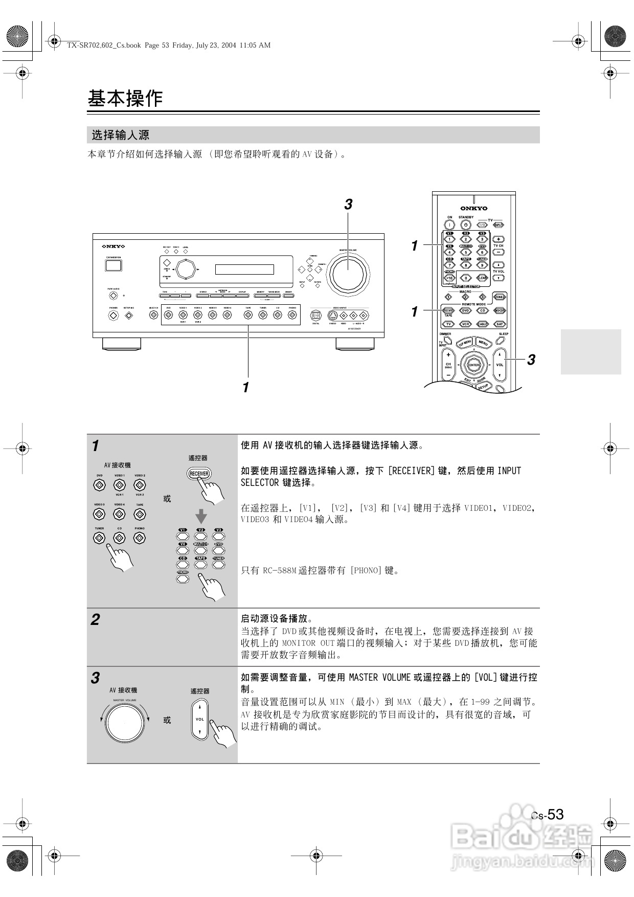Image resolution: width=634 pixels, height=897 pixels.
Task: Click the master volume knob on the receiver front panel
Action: tap(349, 275)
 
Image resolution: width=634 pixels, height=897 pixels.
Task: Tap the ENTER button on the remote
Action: tap(474, 365)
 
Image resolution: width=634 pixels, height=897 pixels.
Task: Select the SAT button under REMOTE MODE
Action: tap(500, 324)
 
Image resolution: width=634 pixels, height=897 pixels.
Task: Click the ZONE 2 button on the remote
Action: tap(500, 297)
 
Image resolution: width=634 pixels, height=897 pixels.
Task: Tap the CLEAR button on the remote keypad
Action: tap(482, 278)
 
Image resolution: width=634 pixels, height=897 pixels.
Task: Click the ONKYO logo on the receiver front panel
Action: tap(114, 246)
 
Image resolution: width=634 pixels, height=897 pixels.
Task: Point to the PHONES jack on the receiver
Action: tap(114, 315)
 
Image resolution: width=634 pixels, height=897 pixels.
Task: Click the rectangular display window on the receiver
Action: tap(244, 270)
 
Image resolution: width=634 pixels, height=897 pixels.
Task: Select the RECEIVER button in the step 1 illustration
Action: tap(199, 474)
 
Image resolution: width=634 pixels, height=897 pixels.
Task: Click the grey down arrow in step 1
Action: tap(201, 516)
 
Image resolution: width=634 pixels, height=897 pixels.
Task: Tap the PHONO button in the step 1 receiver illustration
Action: tap(140, 537)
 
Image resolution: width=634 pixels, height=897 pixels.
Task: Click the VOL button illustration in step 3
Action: tap(200, 719)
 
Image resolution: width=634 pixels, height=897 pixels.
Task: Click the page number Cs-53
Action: tap(548, 814)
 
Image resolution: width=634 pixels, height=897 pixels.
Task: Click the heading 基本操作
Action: tap(125, 98)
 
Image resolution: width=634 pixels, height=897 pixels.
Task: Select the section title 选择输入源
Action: tap(121, 135)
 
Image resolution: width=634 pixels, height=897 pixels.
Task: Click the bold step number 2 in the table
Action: tap(95, 620)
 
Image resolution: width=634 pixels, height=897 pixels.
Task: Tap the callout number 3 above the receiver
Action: tap(348, 205)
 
